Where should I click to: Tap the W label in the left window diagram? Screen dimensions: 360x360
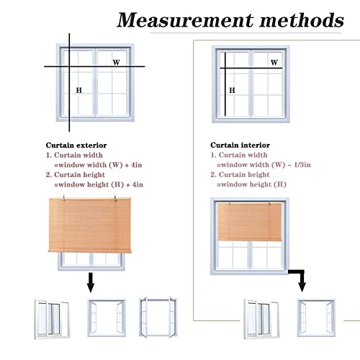pos(116,63)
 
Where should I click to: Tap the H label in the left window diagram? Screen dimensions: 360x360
pos(79,90)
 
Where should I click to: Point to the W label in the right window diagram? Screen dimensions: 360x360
pos(274,63)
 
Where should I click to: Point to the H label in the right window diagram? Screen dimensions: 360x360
pos(232,90)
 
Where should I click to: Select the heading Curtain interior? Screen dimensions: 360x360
pos(238,144)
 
